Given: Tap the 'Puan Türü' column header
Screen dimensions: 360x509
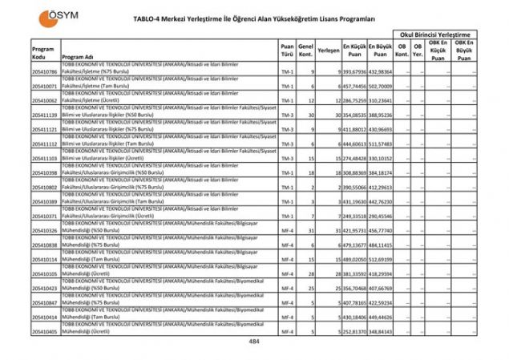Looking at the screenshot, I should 287,51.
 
